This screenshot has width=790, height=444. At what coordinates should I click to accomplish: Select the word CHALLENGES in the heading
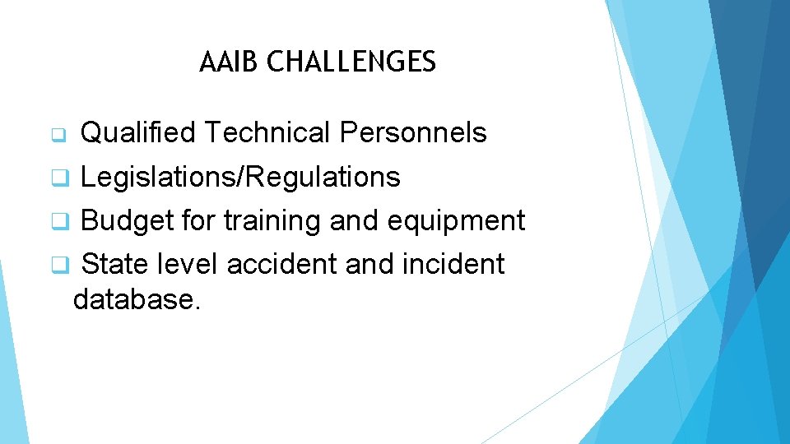(x=351, y=62)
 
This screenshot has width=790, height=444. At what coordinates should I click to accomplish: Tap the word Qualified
(x=138, y=132)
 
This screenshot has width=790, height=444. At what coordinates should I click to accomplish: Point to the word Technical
(x=267, y=132)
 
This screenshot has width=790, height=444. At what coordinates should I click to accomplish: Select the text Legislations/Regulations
(x=240, y=177)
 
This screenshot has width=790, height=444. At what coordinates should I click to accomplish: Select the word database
(x=137, y=299)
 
